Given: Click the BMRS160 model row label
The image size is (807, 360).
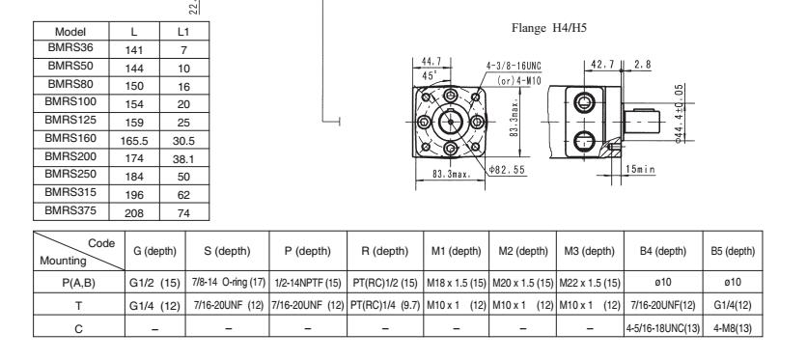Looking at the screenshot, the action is coord(70,138).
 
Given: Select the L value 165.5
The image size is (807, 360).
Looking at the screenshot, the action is coord(134,141).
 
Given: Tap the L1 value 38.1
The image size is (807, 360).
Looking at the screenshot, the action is coord(183,159).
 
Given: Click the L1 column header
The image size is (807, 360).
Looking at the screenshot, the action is coord(183,32).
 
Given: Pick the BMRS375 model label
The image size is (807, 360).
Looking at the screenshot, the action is coord(70,210).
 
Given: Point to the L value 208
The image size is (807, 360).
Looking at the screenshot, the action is coord(134,213).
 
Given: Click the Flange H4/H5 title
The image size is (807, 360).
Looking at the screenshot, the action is coord(549,28).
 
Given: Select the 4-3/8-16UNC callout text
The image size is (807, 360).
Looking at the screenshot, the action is coord(514,67).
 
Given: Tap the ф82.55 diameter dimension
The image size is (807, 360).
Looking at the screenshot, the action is coord(508,169).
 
